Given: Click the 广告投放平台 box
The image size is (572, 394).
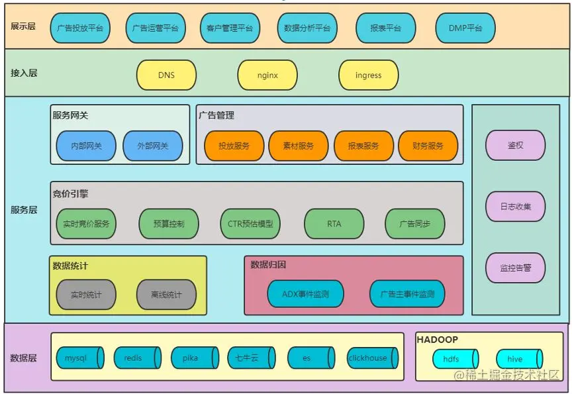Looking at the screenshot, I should click(x=79, y=28).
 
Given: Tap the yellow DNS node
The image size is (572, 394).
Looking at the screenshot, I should click(x=166, y=75).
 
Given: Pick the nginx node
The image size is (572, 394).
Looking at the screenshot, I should click(x=267, y=75).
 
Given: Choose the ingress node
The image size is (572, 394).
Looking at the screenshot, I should click(x=368, y=75).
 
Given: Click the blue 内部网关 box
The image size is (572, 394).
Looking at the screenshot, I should click(x=86, y=146).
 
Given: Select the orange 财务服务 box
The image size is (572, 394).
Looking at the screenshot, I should click(x=428, y=146).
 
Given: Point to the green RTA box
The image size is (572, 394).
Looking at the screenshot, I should click(x=334, y=224).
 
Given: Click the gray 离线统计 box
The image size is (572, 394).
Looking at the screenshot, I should click(x=166, y=295).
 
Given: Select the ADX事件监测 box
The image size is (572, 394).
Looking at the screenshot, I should click(x=305, y=293).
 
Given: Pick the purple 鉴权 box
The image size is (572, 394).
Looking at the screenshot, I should click(x=516, y=145).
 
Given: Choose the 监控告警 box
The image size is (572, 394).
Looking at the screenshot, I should click(x=516, y=268).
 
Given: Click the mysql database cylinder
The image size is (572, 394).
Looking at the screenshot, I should click(x=79, y=358).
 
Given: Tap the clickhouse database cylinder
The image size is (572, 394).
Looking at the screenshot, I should click(x=371, y=358).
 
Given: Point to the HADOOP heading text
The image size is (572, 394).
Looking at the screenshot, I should click(x=437, y=339).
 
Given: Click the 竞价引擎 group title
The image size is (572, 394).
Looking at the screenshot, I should click(x=71, y=194).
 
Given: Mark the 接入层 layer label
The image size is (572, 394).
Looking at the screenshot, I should click(x=24, y=73).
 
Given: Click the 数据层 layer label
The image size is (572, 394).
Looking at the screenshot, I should click(x=24, y=358).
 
